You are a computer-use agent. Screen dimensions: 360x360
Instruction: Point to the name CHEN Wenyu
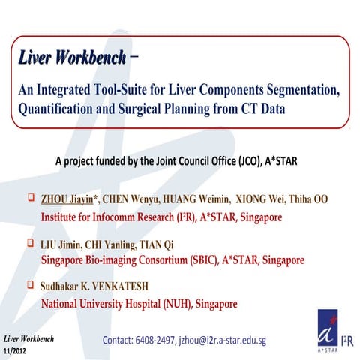click(x=131, y=202)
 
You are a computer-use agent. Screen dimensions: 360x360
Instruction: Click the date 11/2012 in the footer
click(x=18, y=350)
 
